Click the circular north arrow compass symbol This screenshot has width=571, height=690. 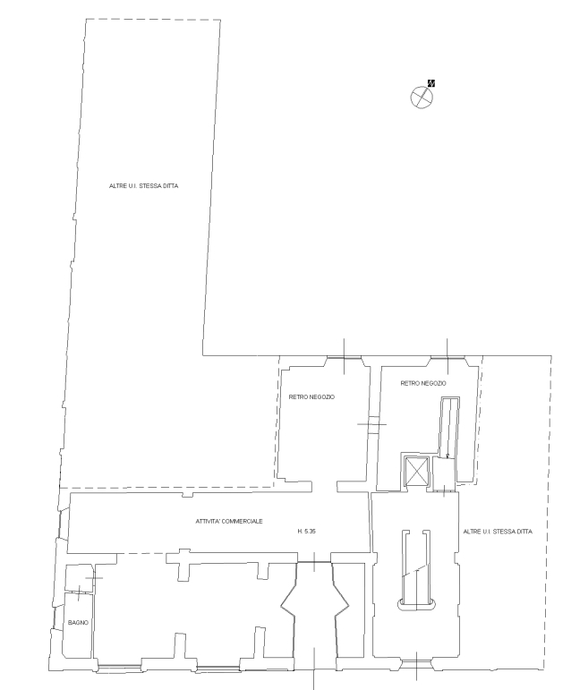pyautogui.click(x=422, y=98)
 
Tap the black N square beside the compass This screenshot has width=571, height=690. pyautogui.click(x=431, y=82)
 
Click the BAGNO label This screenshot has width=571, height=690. pyautogui.click(x=78, y=622)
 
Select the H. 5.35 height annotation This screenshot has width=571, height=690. pyautogui.click(x=307, y=531)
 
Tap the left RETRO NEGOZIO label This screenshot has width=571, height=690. pyautogui.click(x=311, y=397)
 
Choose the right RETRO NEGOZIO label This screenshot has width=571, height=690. pyautogui.click(x=423, y=383)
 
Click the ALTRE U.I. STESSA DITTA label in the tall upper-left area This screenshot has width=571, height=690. pyautogui.click(x=144, y=186)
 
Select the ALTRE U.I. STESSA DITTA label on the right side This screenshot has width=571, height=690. pyautogui.click(x=498, y=532)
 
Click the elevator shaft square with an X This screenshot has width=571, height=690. pyautogui.click(x=416, y=472)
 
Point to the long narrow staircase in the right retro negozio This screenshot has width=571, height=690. pyautogui.click(x=449, y=427)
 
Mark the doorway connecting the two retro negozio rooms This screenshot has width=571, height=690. pyautogui.click(x=373, y=424)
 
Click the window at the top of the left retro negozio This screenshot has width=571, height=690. pyautogui.click(x=344, y=357)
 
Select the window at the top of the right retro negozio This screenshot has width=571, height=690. pyautogui.click(x=447, y=357)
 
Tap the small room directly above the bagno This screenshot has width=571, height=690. pyautogui.click(x=79, y=578)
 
